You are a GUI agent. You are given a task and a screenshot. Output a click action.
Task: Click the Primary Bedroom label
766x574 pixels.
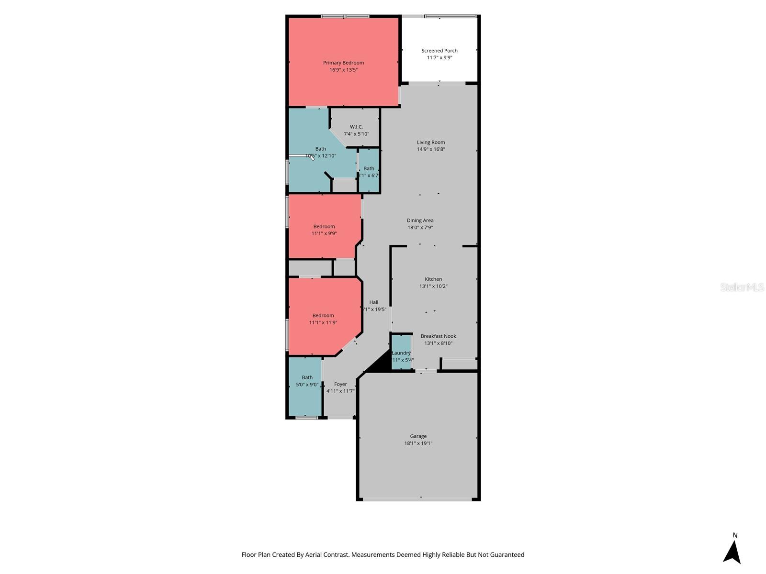click(343, 63)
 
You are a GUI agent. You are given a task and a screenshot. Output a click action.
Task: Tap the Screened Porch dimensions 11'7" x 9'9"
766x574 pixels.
click(439, 57)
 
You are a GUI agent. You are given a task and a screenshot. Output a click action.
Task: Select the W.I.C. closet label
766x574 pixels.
click(356, 127)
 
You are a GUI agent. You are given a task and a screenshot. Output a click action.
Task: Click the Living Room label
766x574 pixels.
click(431, 142)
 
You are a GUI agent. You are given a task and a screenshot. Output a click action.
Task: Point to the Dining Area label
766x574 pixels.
click(420, 221)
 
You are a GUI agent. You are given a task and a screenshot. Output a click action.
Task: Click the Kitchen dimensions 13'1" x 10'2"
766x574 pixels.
click(433, 286)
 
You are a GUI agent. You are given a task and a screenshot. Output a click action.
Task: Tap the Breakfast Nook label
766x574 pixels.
click(438, 336)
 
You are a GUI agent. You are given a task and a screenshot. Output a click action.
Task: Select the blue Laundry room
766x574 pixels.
click(401, 353)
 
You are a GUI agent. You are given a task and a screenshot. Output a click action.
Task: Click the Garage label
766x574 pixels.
click(418, 436)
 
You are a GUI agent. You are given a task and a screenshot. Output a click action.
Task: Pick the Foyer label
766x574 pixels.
click(340, 384)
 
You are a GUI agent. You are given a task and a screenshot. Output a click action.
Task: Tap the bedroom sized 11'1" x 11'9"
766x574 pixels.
click(323, 319)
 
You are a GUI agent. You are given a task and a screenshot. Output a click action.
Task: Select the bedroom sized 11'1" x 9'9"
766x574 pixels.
click(324, 230)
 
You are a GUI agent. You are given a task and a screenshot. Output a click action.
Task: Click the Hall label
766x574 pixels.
click(374, 302)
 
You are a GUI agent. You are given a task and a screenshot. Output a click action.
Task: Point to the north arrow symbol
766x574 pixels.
click(732, 552)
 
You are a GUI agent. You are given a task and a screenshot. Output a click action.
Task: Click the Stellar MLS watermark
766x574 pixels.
click(742, 287)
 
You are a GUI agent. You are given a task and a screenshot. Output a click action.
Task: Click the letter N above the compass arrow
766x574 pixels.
click(735, 535)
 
